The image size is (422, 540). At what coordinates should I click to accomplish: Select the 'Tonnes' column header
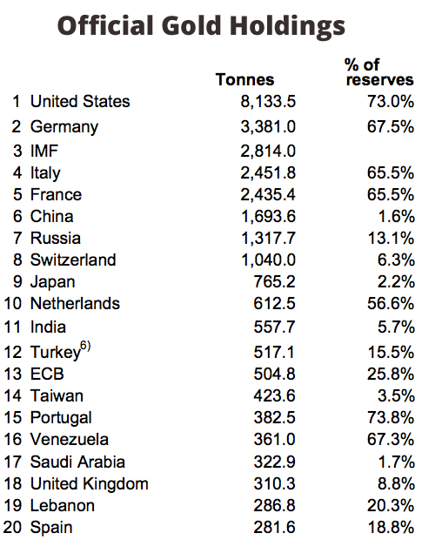point(244,80)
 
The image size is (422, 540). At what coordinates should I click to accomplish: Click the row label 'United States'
point(80,102)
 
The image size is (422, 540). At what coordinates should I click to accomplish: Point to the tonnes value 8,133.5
point(268,102)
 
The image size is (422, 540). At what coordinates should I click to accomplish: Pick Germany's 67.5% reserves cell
point(388,127)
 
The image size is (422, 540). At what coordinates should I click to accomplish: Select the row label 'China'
point(52,217)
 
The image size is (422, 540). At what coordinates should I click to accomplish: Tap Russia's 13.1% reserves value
point(388,239)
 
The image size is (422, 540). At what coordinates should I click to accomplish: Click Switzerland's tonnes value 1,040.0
point(268,260)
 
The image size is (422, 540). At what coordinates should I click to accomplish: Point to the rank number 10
point(14,304)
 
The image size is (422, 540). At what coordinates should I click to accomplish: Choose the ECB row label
point(49,375)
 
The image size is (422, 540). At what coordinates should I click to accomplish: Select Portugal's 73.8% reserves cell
point(388,418)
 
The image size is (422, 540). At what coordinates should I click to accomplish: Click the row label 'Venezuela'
point(70,440)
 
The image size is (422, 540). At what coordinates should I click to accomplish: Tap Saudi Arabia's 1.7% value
point(392,462)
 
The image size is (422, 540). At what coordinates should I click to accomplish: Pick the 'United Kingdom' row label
point(90,483)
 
